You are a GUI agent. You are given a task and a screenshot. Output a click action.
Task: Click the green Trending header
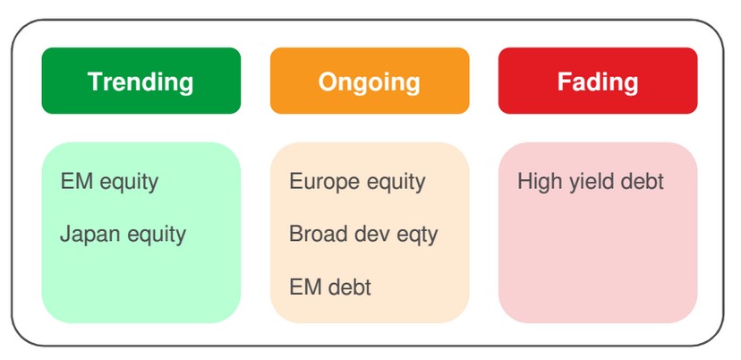(141, 81)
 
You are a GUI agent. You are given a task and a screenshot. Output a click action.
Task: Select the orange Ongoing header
(370, 81)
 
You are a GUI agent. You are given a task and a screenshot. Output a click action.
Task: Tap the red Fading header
(598, 81)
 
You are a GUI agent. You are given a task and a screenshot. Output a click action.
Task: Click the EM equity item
(109, 182)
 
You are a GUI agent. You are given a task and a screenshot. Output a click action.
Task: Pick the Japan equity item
(123, 235)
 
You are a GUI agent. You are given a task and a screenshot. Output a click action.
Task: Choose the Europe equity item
(357, 182)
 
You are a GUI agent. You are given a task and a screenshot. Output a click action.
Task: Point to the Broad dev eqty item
(363, 235)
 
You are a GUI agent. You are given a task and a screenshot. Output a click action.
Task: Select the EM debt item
(330, 287)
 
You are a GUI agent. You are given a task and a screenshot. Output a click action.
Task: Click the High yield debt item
(591, 182)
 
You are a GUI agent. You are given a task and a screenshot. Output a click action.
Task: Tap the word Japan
(89, 235)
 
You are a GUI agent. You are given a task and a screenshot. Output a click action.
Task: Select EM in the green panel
(77, 182)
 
